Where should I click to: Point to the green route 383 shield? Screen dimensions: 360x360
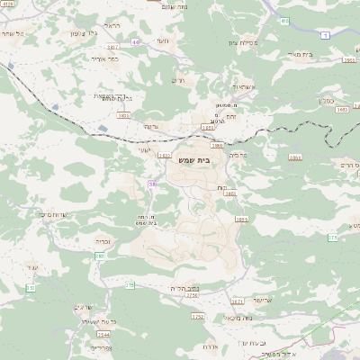coord(100,256)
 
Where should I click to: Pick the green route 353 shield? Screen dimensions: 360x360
coord(31,288)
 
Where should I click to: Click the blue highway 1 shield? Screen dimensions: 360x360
coord(325,35)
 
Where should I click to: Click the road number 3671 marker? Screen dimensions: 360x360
coord(238,301)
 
